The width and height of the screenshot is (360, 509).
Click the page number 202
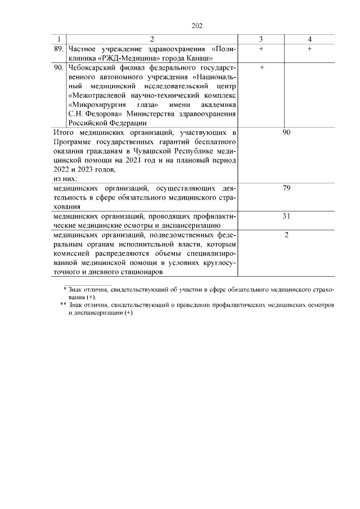(197, 26)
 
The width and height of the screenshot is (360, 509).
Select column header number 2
(151, 39)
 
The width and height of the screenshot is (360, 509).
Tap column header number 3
(261, 39)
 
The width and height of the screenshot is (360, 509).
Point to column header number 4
(310, 39)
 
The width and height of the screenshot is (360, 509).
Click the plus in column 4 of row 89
(310, 49)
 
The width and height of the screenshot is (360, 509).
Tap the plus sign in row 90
(261, 67)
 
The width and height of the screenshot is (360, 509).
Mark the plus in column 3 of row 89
(261, 49)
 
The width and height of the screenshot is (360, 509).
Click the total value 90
(286, 132)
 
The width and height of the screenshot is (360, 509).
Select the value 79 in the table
(286, 188)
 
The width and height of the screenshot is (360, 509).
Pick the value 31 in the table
(286, 215)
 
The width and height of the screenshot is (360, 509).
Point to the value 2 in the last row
(286, 235)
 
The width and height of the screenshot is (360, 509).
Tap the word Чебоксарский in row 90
(92, 67)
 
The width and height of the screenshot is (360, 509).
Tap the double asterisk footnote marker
(63, 304)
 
